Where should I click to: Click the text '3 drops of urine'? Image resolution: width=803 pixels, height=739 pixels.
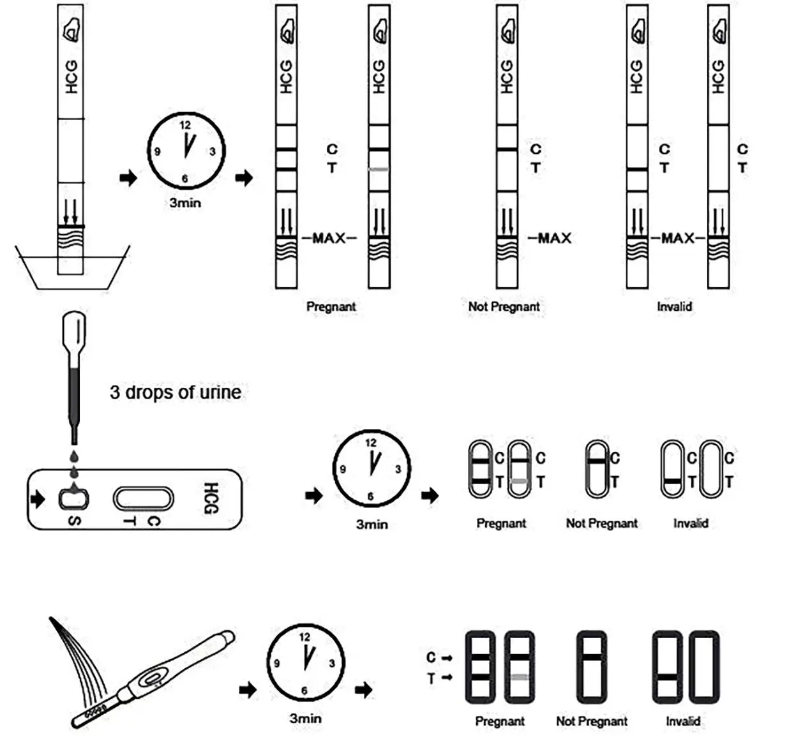(x=175, y=392)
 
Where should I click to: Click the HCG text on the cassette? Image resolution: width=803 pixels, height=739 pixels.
(x=211, y=498)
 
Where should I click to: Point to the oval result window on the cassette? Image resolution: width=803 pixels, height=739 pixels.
(x=143, y=499)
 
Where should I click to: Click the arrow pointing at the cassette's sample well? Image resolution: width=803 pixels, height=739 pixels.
(x=38, y=498)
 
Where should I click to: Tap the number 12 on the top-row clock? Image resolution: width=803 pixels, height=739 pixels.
(x=185, y=125)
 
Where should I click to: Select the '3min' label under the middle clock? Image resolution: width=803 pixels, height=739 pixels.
(x=371, y=525)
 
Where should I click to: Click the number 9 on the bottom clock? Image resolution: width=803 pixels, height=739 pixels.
(x=277, y=664)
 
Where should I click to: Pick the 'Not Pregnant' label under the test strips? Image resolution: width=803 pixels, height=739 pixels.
(x=504, y=306)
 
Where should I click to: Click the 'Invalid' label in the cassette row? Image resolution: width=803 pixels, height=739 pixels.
(x=690, y=523)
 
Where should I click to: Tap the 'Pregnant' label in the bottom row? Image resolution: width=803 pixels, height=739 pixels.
(x=500, y=721)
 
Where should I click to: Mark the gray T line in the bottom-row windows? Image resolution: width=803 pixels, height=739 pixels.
(x=520, y=676)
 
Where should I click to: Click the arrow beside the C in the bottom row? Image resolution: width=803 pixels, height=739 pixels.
(x=447, y=657)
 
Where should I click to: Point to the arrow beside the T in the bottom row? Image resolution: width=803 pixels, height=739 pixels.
(x=447, y=677)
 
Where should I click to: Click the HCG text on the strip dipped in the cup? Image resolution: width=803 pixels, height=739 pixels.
(x=71, y=77)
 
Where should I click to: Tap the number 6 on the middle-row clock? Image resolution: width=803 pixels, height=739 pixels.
(x=370, y=496)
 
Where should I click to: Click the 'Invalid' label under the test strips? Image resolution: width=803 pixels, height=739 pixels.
(x=674, y=306)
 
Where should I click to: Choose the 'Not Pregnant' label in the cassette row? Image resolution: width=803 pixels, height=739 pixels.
(x=601, y=523)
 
